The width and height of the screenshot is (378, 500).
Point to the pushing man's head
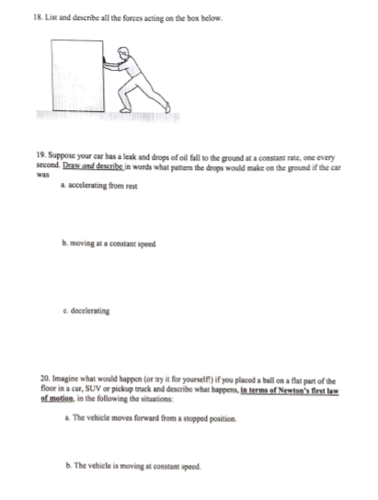pos(128,60)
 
